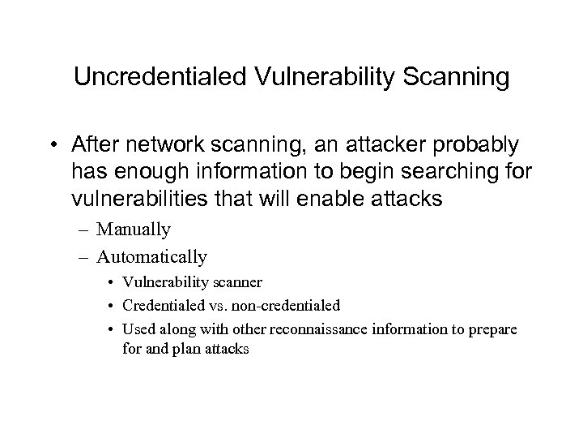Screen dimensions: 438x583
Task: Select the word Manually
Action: (x=134, y=230)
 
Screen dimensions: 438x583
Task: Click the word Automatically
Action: (x=151, y=257)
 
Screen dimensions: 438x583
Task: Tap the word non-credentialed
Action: (x=286, y=306)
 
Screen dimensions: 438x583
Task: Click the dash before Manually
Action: (x=87, y=230)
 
